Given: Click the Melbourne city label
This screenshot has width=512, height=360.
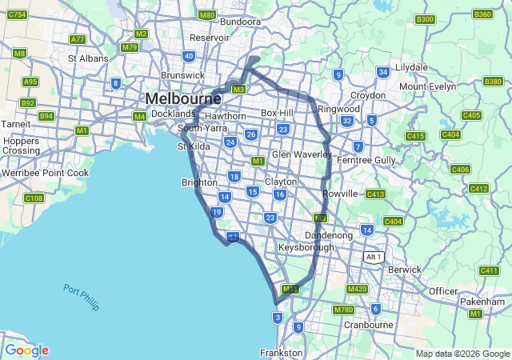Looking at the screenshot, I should (x=183, y=98).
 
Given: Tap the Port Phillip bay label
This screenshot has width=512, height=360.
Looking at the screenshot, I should (x=81, y=295).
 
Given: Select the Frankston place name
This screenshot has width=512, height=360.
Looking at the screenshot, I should (x=282, y=352).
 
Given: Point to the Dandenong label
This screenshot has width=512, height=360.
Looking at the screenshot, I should (x=329, y=236).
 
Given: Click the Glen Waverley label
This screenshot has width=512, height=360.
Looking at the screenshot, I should (x=302, y=154).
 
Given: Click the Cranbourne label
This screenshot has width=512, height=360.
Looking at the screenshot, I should (x=368, y=325).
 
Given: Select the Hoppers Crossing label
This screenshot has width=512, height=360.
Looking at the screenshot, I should (x=21, y=145).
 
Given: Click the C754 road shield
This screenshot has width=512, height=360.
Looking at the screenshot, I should (x=17, y=15).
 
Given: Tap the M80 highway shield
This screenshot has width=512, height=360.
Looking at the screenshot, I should (x=207, y=15).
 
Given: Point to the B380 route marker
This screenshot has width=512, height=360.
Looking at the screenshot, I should (x=493, y=82).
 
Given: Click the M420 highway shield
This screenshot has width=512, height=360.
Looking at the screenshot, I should (x=357, y=289).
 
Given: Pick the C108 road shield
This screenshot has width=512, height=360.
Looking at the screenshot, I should (x=34, y=198).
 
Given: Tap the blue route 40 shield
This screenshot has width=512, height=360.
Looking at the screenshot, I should (x=189, y=56).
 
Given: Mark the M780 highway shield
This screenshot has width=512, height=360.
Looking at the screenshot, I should (x=343, y=310).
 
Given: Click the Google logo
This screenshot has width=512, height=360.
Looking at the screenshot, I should (x=26, y=350).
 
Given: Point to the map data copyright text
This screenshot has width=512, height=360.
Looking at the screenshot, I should (x=462, y=354).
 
